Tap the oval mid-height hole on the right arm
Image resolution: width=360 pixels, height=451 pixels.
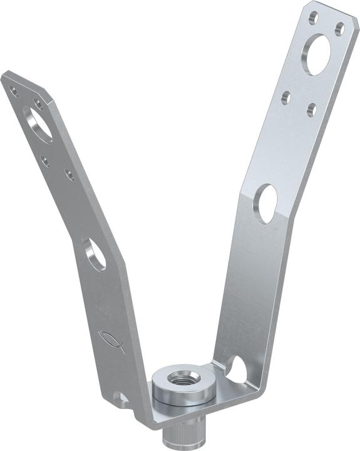click(x=266, y=203)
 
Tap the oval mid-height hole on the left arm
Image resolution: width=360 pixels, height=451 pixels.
click(x=95, y=254)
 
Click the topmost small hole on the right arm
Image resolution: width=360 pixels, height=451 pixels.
click(x=314, y=18)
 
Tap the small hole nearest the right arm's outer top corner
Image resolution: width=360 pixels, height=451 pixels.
click(x=339, y=28)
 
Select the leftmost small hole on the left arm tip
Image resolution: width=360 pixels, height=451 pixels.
click(x=14, y=92)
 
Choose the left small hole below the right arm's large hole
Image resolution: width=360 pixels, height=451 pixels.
click(x=286, y=97)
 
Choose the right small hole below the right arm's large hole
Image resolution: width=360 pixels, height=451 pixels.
click(x=312, y=110)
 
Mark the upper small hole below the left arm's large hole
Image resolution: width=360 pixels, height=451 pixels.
click(x=45, y=160)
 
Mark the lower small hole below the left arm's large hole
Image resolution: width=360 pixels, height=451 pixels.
click(x=69, y=175)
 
